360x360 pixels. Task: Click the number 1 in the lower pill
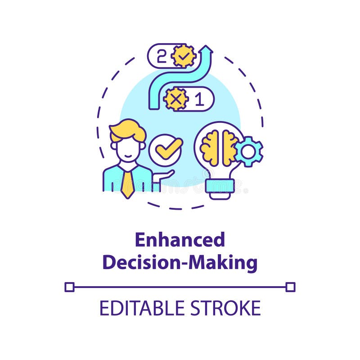[199, 99]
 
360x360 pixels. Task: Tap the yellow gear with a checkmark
[184, 56]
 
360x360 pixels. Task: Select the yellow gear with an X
[175, 99]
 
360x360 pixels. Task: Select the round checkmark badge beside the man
[165, 150]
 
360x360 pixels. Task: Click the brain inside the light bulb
[219, 147]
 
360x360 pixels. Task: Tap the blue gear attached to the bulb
[248, 152]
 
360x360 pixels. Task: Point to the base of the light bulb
[220, 189]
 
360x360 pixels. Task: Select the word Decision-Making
[180, 262]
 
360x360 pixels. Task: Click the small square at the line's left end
[69, 287]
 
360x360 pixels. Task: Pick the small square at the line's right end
[290, 287]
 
